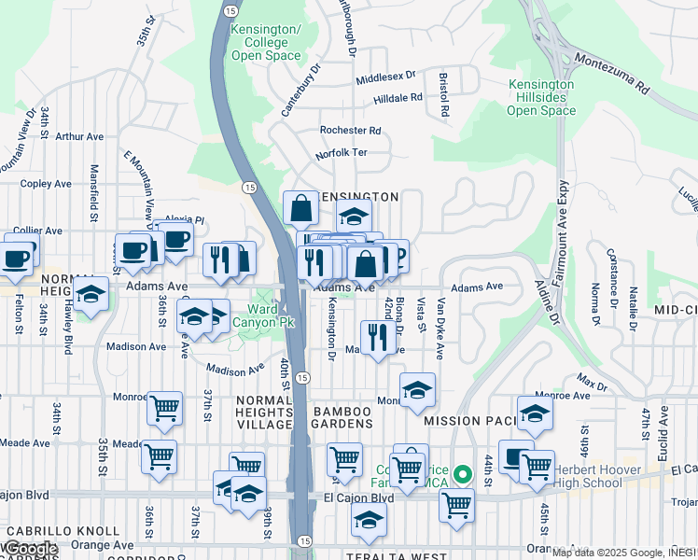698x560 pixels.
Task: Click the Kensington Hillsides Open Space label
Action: click(x=541, y=97)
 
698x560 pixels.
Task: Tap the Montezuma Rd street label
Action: click(x=612, y=73)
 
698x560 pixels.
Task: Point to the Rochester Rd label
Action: click(x=350, y=131)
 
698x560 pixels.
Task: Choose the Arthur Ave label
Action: click(x=77, y=136)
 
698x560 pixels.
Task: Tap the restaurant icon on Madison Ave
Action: click(x=376, y=336)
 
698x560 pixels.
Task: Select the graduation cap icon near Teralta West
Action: click(x=369, y=522)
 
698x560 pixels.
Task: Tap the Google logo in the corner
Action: click(x=30, y=549)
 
